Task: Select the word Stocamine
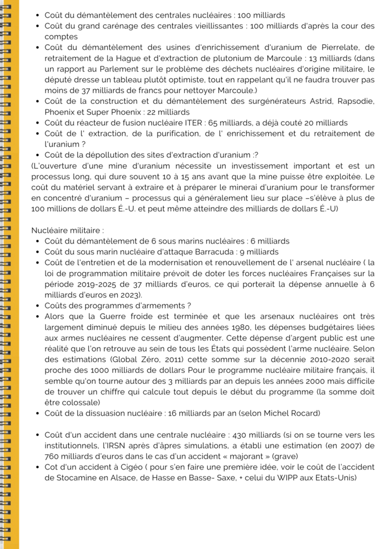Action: coord(75,478)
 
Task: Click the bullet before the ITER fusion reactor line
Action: coord(38,123)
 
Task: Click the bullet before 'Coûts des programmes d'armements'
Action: coord(38,305)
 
